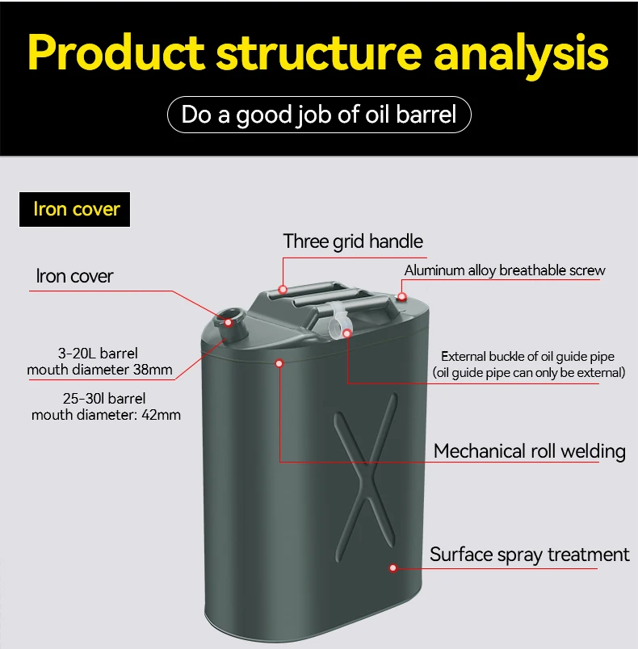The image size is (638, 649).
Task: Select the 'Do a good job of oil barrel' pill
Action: click(x=319, y=114)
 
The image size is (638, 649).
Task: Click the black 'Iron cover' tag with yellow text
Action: click(x=76, y=209)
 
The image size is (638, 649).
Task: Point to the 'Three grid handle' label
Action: click(x=353, y=241)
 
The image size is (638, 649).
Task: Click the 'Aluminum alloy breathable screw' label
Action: click(x=504, y=270)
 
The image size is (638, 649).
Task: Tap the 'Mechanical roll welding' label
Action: click(x=529, y=451)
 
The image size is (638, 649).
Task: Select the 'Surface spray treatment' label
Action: click(x=529, y=555)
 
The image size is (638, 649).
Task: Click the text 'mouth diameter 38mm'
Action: click(x=99, y=370)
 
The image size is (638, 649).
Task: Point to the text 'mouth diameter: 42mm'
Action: click(x=106, y=415)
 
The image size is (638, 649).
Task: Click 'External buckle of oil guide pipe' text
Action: click(x=527, y=356)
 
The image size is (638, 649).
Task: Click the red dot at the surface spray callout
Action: click(x=393, y=567)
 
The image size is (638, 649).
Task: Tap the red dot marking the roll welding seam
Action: click(x=279, y=363)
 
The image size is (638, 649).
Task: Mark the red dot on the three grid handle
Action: click(x=283, y=289)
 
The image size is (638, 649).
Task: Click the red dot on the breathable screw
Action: click(x=402, y=296)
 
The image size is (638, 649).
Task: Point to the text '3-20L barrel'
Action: click(x=98, y=353)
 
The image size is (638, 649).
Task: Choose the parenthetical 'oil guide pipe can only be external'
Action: click(x=529, y=372)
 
